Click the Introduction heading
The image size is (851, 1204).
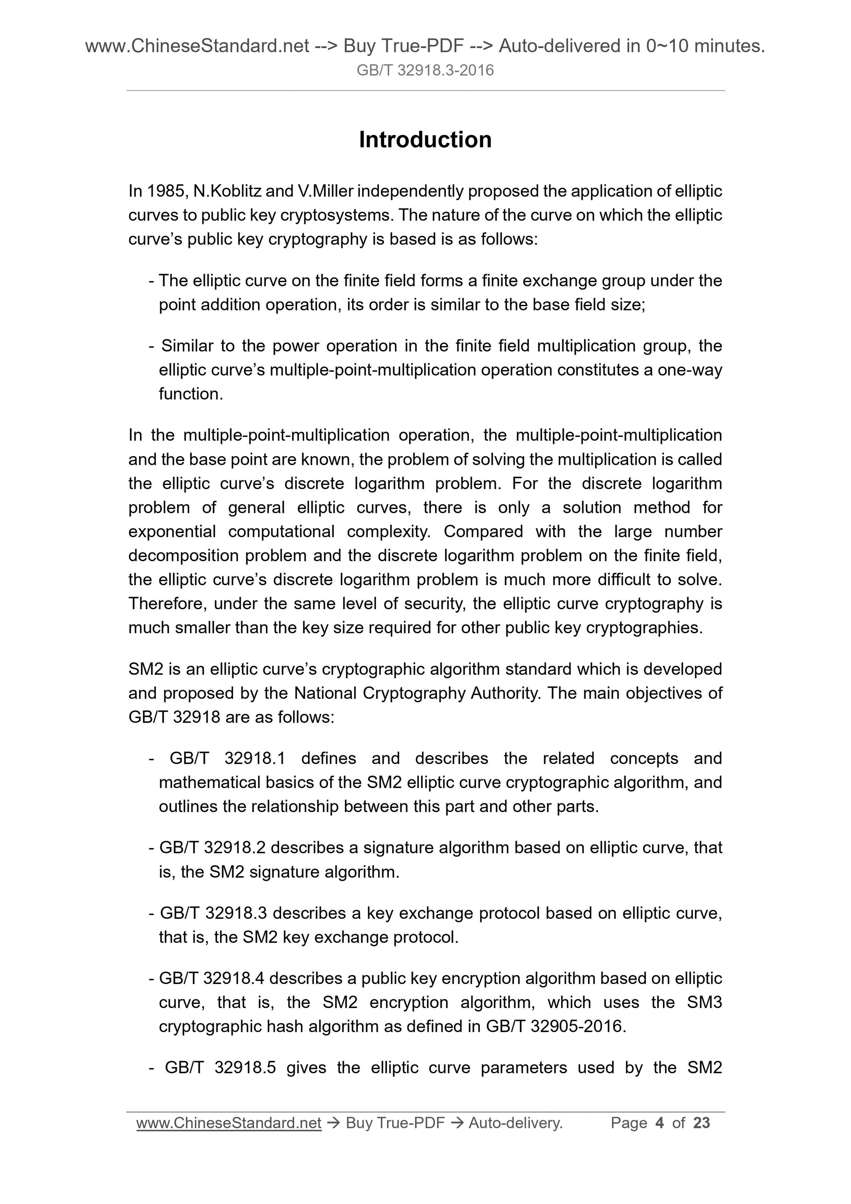point(425,140)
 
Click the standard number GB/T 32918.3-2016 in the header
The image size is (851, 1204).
point(425,70)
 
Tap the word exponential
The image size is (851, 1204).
point(172,532)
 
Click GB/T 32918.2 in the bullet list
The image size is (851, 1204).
point(213,848)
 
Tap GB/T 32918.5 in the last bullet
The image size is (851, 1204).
point(220,1068)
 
